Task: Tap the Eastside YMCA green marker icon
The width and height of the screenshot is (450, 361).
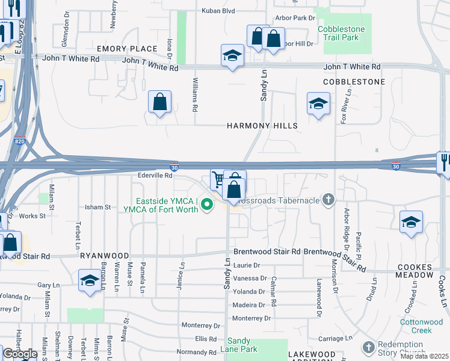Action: click(x=208, y=205)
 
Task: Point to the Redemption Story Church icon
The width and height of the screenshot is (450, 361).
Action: click(x=369, y=347)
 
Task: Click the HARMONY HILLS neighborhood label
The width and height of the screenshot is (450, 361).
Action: click(x=262, y=126)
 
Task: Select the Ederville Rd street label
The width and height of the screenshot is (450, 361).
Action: click(x=155, y=176)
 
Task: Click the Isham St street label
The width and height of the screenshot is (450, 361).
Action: click(x=100, y=207)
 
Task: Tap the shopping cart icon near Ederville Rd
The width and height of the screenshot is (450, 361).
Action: click(x=218, y=179)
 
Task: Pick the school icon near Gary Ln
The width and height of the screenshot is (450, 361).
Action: click(x=90, y=280)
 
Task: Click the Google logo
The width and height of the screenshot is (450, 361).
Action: click(x=20, y=354)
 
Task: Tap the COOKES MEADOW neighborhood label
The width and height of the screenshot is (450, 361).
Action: click(x=415, y=271)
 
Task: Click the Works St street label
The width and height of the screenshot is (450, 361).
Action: click(x=32, y=215)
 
